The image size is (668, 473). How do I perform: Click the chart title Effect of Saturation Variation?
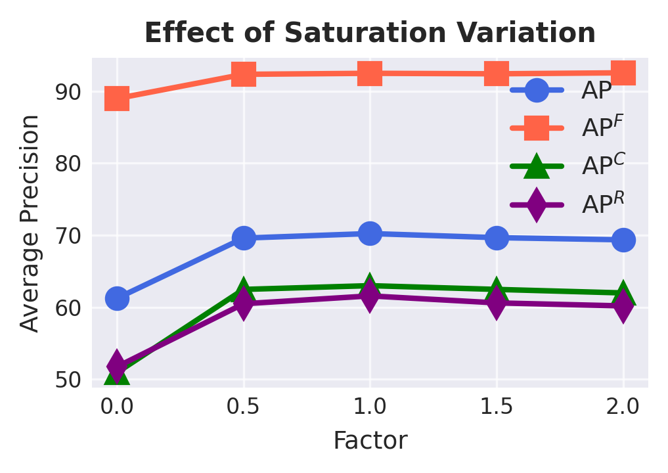tap(370, 33)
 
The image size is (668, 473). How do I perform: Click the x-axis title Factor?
tap(370, 440)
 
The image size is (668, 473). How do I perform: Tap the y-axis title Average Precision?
tap(30, 223)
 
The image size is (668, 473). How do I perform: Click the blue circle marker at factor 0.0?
tap(117, 298)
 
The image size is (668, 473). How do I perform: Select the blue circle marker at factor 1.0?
tap(370, 233)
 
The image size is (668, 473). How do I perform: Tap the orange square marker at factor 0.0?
tap(117, 99)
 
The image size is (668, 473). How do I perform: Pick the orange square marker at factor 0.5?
tap(244, 74)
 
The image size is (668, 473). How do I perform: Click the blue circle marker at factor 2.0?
tap(623, 240)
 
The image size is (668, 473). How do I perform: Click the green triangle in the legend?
tap(537, 166)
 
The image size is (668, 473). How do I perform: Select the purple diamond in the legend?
tap(537, 204)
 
